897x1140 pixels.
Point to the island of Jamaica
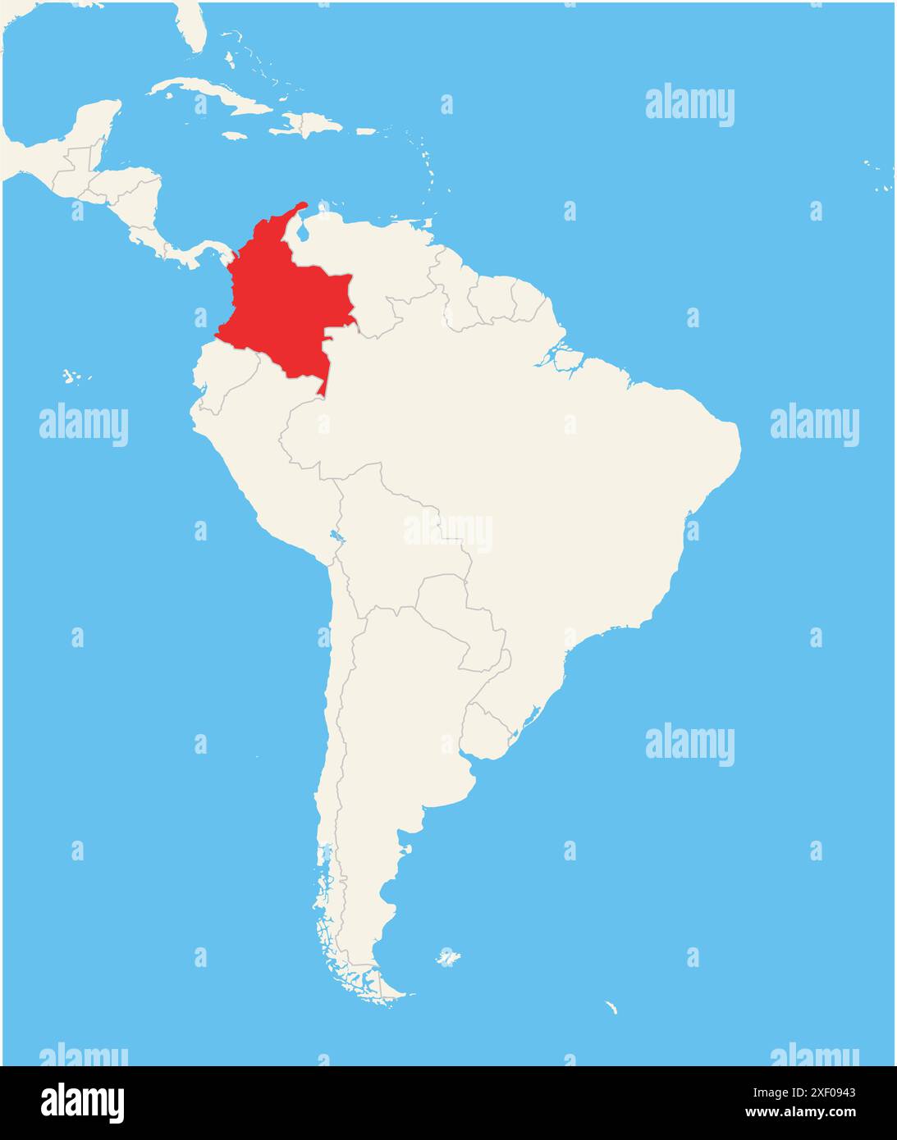235,135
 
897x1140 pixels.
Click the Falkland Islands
447,957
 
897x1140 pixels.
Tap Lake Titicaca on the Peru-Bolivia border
334,539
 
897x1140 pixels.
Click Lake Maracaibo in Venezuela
303,231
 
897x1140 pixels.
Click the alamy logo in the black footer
82,1102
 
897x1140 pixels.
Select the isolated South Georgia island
611,1007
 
